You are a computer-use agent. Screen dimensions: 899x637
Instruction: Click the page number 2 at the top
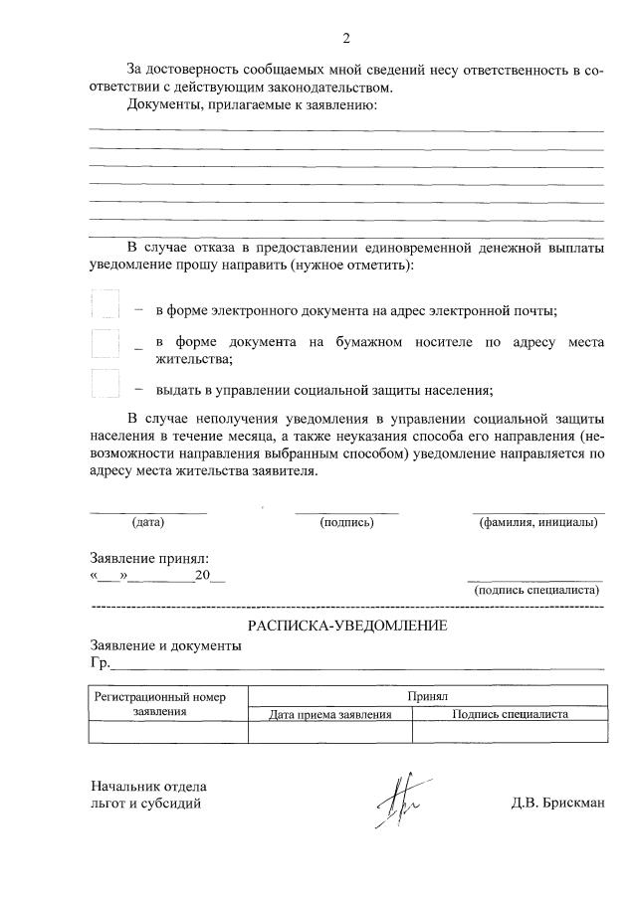345,39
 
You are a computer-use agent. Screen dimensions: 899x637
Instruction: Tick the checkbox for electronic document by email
105,304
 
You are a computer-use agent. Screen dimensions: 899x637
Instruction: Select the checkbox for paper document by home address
105,343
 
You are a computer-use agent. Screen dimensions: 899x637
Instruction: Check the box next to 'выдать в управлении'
105,383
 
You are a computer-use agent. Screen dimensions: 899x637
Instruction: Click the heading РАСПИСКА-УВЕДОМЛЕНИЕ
346,626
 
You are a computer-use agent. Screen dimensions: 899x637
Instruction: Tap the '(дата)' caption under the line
147,522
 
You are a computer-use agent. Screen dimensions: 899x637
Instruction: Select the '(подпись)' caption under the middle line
345,522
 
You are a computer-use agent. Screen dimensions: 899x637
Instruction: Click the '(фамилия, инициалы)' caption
537,522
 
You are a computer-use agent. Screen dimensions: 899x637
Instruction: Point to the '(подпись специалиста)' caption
537,590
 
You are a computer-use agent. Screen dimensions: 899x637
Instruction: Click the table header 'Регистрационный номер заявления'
168,704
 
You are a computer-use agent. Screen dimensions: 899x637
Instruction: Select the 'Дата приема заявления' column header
329,714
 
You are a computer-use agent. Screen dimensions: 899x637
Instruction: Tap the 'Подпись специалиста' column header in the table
510,714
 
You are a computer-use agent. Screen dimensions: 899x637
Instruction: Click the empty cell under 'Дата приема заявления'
329,733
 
